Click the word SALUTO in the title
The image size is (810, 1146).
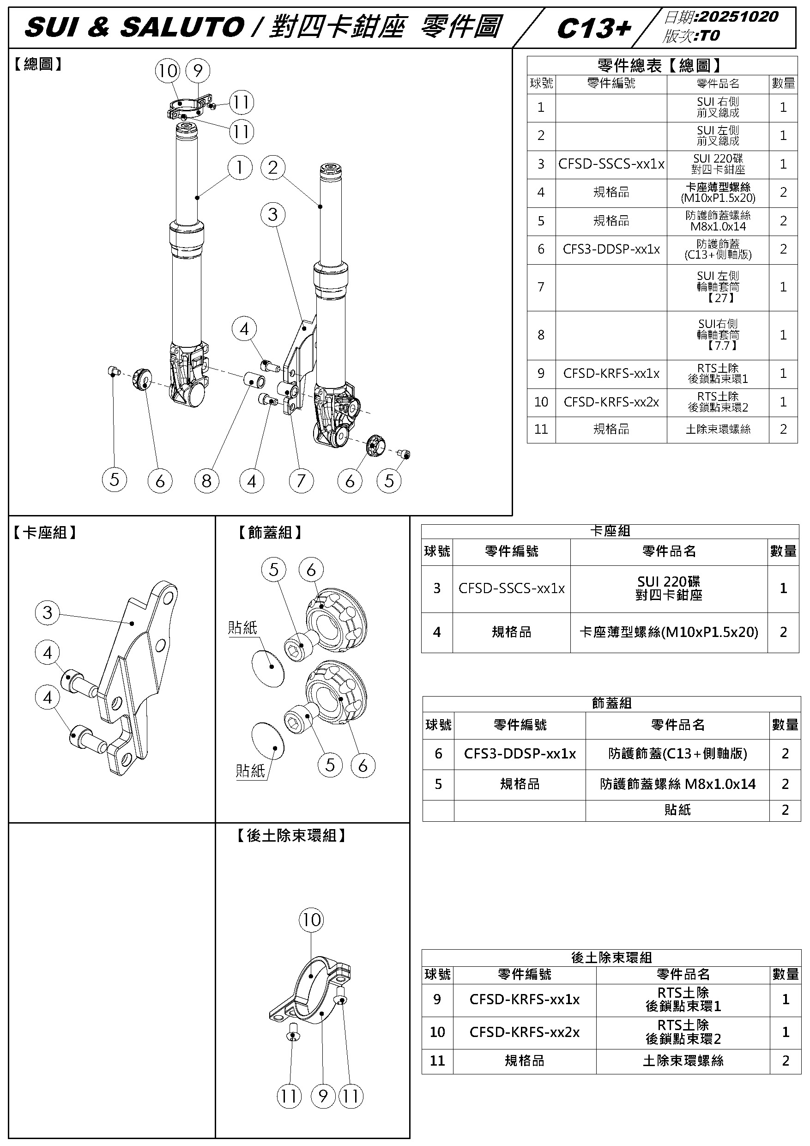[182, 27]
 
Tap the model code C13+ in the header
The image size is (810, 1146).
[594, 29]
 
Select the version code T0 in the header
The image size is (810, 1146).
[710, 36]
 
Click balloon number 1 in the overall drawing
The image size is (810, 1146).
[240, 167]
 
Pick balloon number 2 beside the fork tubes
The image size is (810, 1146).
[272, 167]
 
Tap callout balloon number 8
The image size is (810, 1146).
[206, 481]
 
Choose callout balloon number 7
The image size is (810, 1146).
[301, 481]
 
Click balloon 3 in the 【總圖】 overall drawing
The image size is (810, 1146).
[272, 215]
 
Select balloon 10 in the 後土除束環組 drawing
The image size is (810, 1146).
[311, 919]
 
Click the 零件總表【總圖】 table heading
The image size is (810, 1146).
[659, 66]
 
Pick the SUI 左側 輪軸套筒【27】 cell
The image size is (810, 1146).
[718, 287]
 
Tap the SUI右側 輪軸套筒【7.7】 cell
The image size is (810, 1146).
[718, 335]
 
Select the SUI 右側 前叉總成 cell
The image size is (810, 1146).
[718, 107]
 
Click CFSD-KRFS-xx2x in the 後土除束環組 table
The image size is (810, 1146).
[525, 1032]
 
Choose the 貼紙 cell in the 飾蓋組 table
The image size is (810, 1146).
[677, 810]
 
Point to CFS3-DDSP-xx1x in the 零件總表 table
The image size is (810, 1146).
[611, 249]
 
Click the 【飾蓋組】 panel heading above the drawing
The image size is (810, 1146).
[270, 533]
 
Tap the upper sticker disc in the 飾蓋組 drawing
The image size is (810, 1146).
[268, 668]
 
